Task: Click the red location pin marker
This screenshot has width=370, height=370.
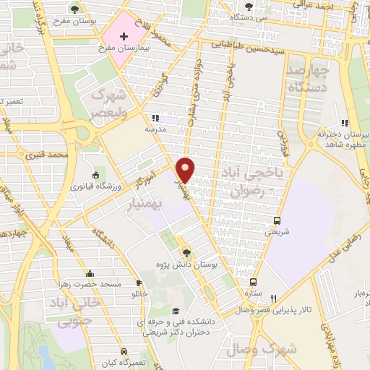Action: coord(186,169)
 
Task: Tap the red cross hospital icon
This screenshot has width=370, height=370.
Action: coord(124,36)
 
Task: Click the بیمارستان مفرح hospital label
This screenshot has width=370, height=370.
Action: coord(124,48)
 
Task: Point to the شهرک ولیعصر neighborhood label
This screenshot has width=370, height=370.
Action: coord(106,104)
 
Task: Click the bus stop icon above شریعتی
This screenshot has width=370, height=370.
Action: coord(277,220)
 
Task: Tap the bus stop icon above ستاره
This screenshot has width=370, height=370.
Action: coord(253,283)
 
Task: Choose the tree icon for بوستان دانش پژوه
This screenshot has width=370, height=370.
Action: coord(187,252)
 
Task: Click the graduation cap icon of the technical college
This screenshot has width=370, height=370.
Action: coord(174,311)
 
